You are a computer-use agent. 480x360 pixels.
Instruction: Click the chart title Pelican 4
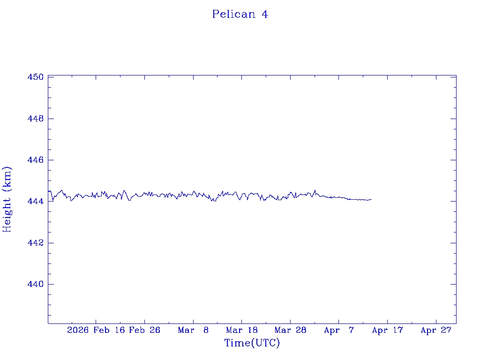click(240, 14)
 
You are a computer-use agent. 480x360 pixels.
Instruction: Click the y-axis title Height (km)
click(7, 199)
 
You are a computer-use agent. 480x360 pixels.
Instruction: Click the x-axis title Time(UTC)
click(252, 343)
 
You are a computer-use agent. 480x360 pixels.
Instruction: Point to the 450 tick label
click(36, 77)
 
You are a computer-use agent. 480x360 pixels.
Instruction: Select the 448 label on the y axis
click(36, 119)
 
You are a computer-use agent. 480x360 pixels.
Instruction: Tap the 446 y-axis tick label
click(36, 160)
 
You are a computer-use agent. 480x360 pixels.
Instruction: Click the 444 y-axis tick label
click(36, 202)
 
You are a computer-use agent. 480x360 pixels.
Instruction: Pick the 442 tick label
click(36, 243)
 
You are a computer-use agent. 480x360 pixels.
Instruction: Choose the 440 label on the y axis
click(36, 284)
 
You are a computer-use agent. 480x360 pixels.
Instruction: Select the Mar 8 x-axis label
click(193, 330)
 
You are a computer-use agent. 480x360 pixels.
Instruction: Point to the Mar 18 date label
click(242, 330)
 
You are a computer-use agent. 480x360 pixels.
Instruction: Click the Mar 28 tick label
click(290, 330)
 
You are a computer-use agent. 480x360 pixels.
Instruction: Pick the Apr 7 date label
click(339, 330)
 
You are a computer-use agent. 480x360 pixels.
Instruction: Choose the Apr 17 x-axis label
click(387, 330)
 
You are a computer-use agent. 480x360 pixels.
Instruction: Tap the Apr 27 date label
click(436, 330)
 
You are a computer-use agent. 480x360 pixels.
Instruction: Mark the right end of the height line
click(371, 199)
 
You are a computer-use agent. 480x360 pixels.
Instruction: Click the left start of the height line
click(48, 191)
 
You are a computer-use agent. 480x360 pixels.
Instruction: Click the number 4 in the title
click(265, 14)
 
